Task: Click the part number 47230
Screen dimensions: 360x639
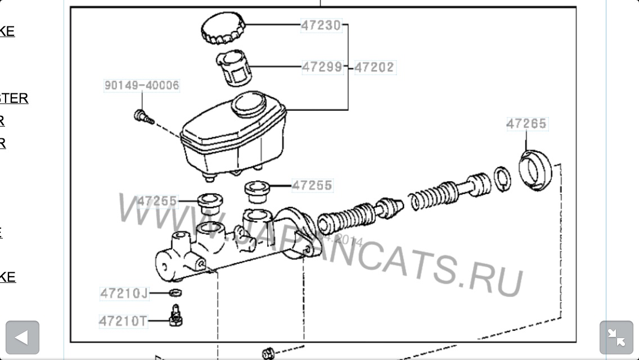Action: tap(321, 25)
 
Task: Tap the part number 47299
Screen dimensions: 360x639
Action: tap(322, 67)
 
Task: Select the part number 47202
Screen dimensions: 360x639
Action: tap(374, 67)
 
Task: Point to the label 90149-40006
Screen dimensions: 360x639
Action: tap(142, 85)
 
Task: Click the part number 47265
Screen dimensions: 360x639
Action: tap(526, 124)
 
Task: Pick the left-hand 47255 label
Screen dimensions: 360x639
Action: tap(157, 201)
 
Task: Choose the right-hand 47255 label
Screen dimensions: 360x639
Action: tap(312, 185)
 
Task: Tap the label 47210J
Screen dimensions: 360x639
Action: tap(124, 293)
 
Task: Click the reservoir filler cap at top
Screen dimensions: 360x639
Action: tap(223, 26)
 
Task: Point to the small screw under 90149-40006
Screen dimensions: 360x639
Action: tap(143, 117)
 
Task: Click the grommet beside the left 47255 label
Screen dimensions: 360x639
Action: tap(209, 203)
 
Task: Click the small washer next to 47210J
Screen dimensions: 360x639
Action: tap(175, 292)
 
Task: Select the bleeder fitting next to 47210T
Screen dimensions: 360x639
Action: tap(175, 316)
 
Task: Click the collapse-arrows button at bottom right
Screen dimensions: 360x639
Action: tap(616, 337)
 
